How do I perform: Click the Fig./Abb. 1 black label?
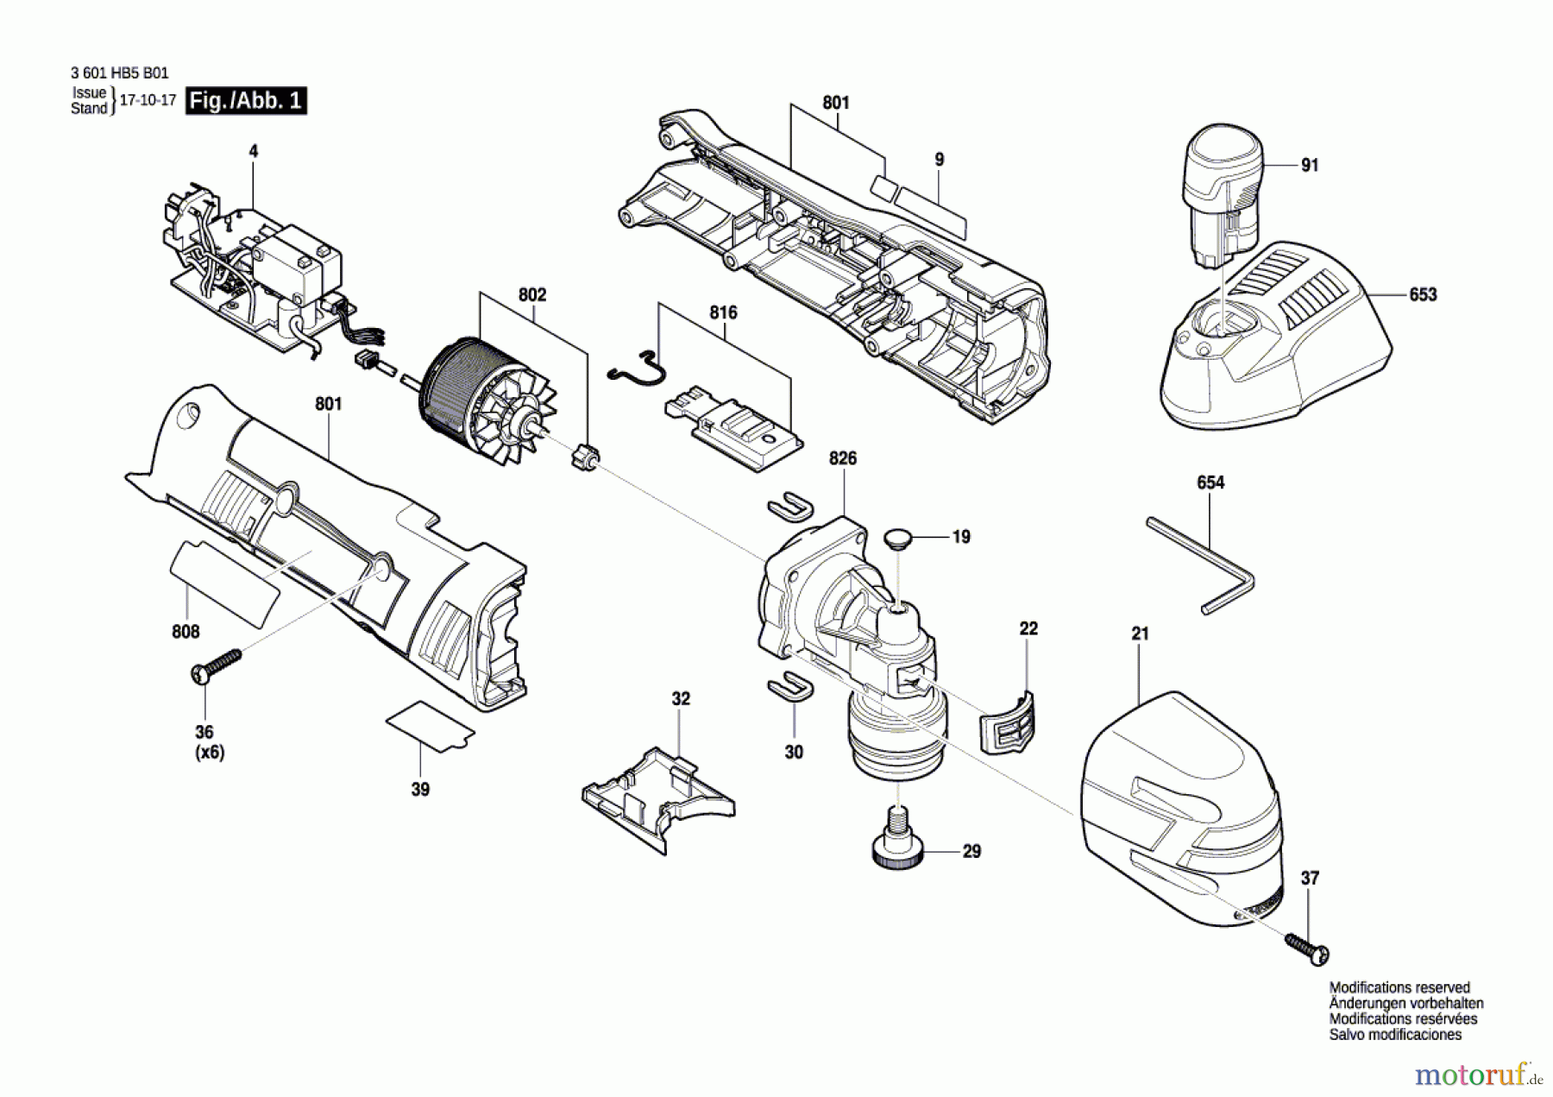click(246, 101)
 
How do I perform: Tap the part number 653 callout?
click(1423, 294)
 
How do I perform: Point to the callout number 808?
click(185, 632)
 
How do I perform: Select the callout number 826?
click(843, 458)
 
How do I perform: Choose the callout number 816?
click(723, 312)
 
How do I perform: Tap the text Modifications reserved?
click(1399, 987)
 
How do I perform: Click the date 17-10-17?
click(148, 100)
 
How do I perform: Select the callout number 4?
click(254, 151)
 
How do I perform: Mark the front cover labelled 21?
click(1178, 798)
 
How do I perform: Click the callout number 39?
click(420, 789)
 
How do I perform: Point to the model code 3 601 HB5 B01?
click(120, 74)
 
